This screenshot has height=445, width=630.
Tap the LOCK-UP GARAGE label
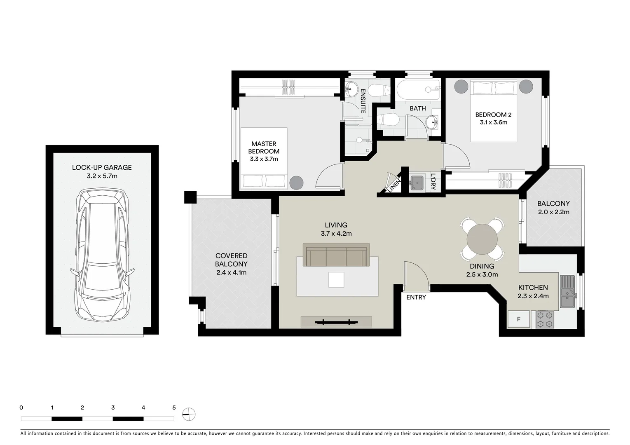pos(102,167)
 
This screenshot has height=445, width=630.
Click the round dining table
pos(482,240)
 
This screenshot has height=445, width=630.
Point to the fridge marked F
pos(518,319)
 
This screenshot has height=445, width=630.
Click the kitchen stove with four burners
pos(545,319)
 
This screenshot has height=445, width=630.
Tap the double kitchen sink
pos(567,292)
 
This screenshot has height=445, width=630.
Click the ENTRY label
pos(416,297)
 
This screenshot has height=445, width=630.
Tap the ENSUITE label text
pos(363,101)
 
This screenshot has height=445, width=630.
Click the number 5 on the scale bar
pos(174,408)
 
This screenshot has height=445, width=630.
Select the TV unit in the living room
pos(336,321)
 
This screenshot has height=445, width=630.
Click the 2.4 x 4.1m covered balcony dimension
pos(231,272)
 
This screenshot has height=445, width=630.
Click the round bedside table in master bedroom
pos(296,183)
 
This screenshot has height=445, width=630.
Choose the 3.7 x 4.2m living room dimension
pos(336,234)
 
